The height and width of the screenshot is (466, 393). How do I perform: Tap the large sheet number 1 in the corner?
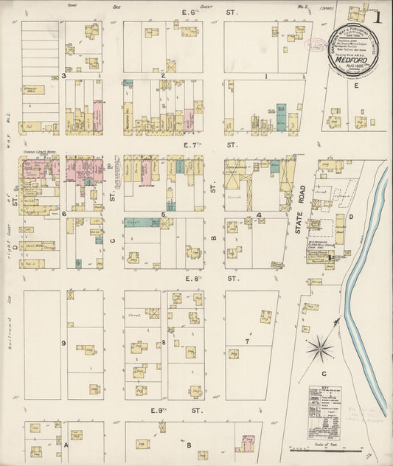click(378, 16)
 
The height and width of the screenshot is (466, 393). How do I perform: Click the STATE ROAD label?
click(299, 219)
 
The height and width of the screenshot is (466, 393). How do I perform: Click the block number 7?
click(248, 341)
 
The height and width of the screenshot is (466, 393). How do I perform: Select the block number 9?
click(64, 343)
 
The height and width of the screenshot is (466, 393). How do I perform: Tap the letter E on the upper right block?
click(356, 86)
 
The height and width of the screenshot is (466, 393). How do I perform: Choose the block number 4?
click(259, 215)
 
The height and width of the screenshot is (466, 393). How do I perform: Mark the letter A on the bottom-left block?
click(65, 445)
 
